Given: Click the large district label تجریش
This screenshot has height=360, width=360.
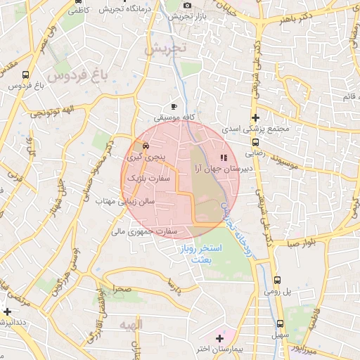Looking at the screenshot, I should pos(166,50).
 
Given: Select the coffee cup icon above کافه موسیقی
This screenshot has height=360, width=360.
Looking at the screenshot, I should pos(174,106).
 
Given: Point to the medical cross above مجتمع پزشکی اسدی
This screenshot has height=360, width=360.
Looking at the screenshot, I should pos(255,117).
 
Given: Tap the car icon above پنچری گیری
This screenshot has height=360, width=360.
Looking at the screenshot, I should pos(145,146).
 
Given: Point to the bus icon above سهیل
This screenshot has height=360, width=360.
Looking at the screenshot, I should pos(280,325).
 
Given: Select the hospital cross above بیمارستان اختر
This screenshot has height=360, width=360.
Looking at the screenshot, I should pos(219,338).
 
